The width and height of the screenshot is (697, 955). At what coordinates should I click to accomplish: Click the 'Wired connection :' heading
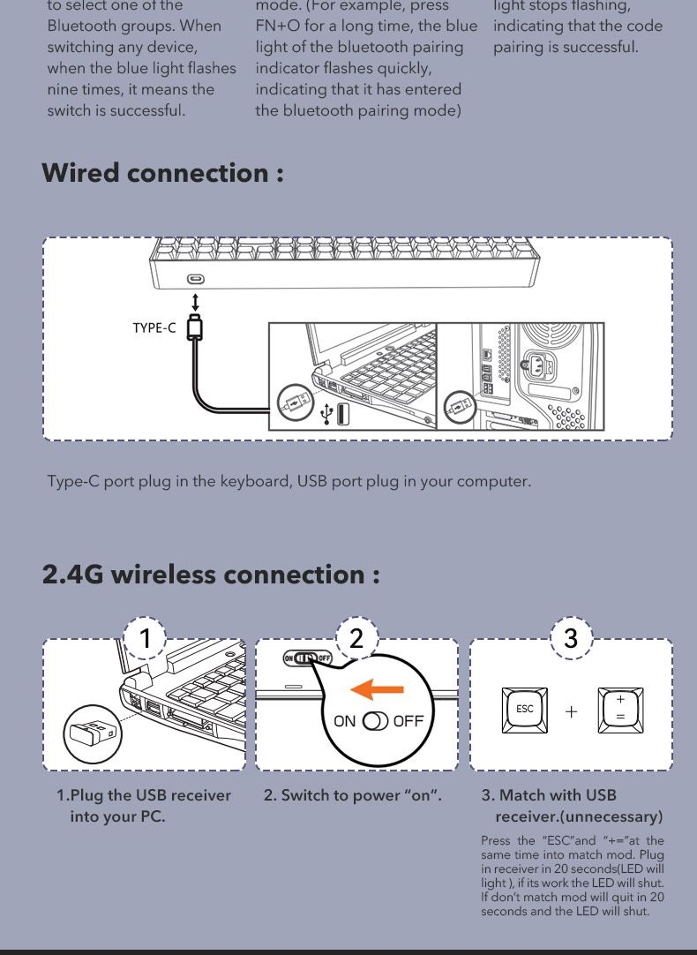coord(162,173)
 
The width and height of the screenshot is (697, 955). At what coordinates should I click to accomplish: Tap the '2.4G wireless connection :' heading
coord(211,575)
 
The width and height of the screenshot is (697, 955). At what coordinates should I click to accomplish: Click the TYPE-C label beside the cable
coord(154,327)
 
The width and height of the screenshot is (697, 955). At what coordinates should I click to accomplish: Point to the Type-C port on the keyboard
coord(195,279)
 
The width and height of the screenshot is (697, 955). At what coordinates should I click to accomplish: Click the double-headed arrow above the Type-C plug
coord(195,302)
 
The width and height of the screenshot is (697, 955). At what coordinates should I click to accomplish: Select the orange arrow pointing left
coord(378,689)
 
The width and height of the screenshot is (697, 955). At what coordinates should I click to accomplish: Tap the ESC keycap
coord(524,711)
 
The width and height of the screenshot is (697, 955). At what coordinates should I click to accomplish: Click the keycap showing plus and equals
coord(620,711)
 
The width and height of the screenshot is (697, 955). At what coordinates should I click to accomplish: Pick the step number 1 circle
coord(145,638)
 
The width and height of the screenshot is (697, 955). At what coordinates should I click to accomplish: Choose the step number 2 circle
coord(356,637)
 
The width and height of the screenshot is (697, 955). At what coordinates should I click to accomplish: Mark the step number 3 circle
coord(570,637)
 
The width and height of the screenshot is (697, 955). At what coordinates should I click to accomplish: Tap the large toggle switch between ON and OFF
coord(375,720)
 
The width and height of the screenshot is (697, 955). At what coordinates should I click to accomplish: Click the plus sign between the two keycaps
coord(571,711)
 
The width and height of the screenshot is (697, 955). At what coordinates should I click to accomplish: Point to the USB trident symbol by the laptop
coord(327,414)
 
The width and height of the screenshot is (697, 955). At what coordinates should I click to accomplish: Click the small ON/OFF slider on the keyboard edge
coord(308,658)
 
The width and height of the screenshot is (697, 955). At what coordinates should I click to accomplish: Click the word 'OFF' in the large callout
coord(408,720)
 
